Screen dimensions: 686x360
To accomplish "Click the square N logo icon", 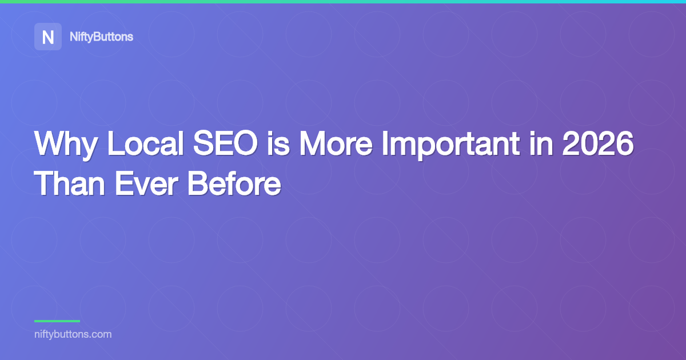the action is coord(48,37).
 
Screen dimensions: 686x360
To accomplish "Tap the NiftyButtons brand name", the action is coord(101,37).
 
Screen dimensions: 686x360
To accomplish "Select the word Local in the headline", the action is coord(145,143).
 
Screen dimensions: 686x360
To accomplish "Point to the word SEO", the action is coord(226,143).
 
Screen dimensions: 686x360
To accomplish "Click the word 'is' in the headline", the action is coord(278,143).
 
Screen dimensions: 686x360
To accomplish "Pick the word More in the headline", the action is coord(336,143).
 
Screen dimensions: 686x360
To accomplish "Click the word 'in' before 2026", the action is coord(541,143).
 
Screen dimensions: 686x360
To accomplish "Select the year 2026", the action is coord(598,143).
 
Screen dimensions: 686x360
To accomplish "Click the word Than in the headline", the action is coord(70,183).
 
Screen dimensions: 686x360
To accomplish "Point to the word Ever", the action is coord(146,183).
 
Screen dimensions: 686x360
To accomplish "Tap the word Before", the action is coord(234,183).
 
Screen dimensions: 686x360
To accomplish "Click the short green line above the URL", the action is coord(57,321).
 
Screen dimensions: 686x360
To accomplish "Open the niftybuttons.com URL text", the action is coord(73,334).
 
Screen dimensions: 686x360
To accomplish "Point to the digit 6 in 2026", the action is coord(625,143).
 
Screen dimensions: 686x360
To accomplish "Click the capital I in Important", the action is coord(385,143).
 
